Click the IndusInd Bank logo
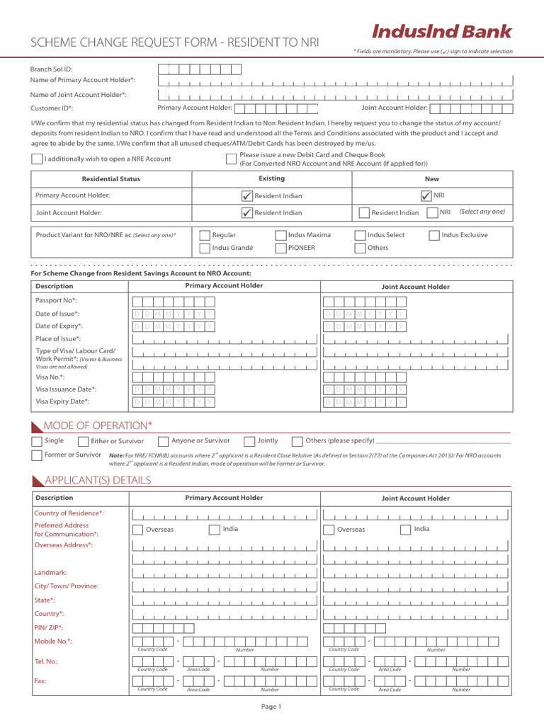(441, 32)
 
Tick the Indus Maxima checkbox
(281, 235)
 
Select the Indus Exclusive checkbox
(433, 235)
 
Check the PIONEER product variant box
(281, 249)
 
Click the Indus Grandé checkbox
(205, 249)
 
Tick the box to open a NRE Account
(37, 159)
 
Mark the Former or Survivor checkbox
(37, 455)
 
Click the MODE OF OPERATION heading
(98, 425)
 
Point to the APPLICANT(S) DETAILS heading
(97, 480)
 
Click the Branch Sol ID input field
(199, 69)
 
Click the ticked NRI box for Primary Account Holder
(426, 196)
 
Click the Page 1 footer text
(271, 707)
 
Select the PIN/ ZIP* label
(49, 627)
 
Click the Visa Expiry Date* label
(62, 401)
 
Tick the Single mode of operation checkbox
(37, 441)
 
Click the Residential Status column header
(111, 179)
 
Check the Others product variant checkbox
(360, 249)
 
